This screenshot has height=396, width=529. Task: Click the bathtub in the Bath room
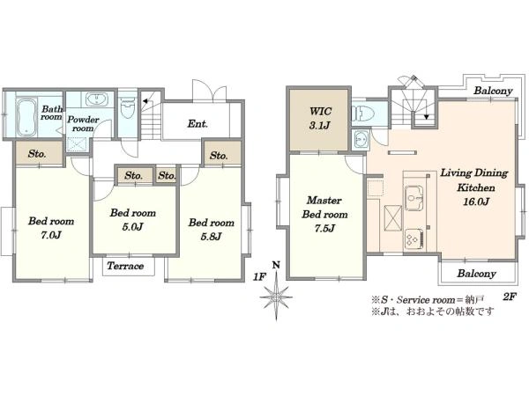point(26,117)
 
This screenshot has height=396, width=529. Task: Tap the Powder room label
point(83,124)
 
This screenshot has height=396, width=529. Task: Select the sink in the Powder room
point(97,99)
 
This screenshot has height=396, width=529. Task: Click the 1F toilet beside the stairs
point(128,107)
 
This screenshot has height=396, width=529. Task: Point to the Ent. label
point(197,123)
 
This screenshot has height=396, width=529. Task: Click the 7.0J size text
point(51,235)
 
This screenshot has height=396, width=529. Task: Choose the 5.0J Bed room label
point(133,219)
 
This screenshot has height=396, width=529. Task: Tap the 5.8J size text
point(212,237)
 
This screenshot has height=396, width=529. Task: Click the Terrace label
point(125,266)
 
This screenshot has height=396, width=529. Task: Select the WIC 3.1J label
point(320,118)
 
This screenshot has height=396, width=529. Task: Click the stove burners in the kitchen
point(414,239)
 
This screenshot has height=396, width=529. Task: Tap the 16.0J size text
point(476,202)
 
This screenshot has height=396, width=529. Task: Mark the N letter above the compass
point(276,265)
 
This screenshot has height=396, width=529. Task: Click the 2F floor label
point(510,297)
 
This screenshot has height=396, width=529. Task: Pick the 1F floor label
point(260,277)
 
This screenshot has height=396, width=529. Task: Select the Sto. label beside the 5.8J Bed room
point(219,156)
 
